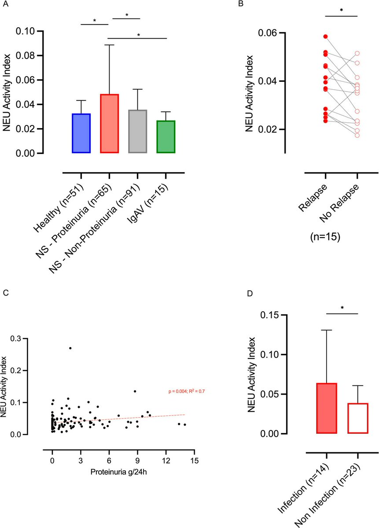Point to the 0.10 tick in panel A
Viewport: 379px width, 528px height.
pos(31,31)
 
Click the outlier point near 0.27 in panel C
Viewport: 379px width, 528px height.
pos(70,348)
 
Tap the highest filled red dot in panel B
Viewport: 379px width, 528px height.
pos(325,37)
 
